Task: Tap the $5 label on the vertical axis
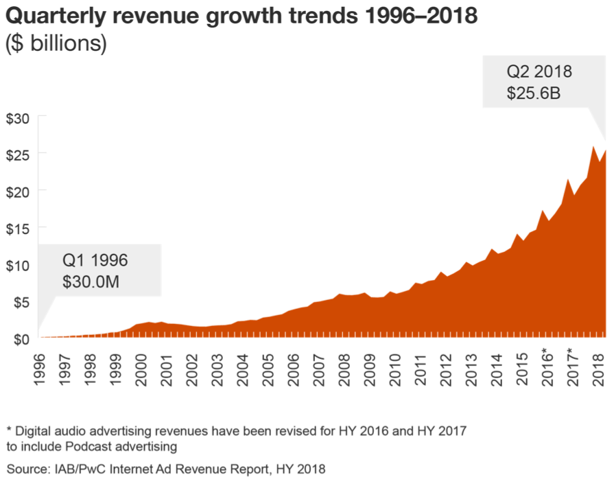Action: coord(20,301)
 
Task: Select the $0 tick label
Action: coord(20,338)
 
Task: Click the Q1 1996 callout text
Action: coord(95,260)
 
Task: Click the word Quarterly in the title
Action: coord(52,15)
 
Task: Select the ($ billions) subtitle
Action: coord(56,43)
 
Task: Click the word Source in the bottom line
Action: coord(26,470)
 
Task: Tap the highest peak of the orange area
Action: coord(593,146)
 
